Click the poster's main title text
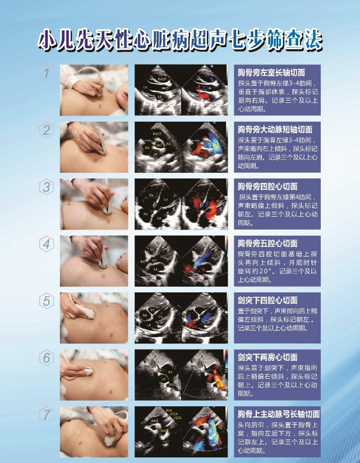[x=180, y=40]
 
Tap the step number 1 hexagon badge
[x=47, y=73]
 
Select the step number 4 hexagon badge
[x=47, y=244]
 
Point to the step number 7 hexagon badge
[x=47, y=415]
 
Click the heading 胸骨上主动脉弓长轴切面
[x=279, y=414]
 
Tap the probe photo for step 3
[x=94, y=204]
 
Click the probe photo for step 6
[x=94, y=374]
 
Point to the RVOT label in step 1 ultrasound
[x=163, y=80]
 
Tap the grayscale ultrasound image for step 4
[x=159, y=261]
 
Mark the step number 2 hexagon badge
[x=47, y=130]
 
